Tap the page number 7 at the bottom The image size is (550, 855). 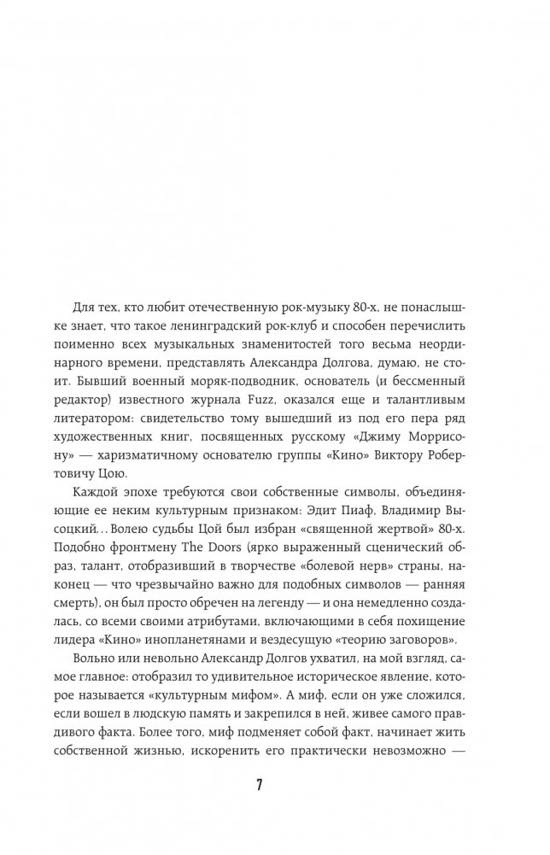tap(274, 785)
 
